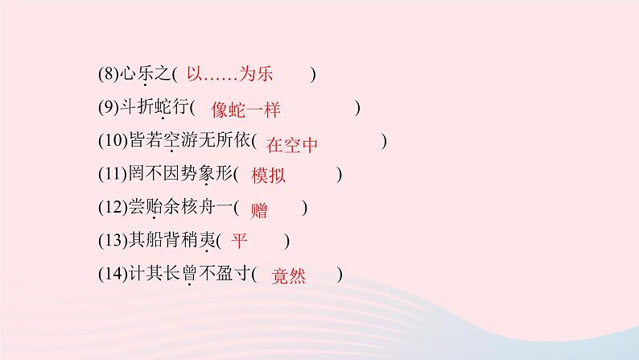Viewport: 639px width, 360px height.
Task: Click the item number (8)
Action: (106, 75)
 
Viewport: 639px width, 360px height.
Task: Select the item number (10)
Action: (112, 142)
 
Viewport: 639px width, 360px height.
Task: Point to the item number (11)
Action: (112, 175)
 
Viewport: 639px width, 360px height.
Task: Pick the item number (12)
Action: (112, 208)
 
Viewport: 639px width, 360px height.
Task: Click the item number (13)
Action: (112, 241)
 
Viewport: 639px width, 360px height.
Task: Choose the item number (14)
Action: (112, 275)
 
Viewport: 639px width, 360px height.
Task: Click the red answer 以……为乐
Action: (230, 74)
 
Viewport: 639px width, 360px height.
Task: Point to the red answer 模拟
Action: (268, 176)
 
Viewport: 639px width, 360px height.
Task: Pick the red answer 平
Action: (240, 240)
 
